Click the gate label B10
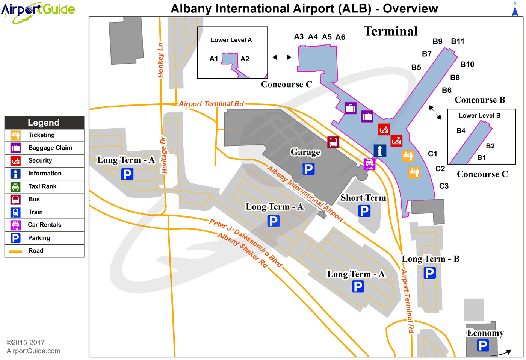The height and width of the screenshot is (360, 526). (x=467, y=64)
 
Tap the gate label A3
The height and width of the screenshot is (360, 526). (x=299, y=36)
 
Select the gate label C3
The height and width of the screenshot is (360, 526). (x=444, y=186)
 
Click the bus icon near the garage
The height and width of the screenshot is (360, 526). (x=333, y=142)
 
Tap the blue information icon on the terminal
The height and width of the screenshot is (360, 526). (x=380, y=150)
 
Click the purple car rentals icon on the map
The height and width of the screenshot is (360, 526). (x=370, y=164)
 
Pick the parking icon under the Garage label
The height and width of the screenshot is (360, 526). (x=308, y=169)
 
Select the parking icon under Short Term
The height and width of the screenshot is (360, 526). (x=364, y=211)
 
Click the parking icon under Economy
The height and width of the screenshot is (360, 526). (x=483, y=345)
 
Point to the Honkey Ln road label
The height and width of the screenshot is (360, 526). (x=161, y=60)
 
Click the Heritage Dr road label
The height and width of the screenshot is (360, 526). (x=164, y=155)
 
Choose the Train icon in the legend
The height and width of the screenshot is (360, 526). (x=15, y=212)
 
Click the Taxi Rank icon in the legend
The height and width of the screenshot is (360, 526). (x=15, y=186)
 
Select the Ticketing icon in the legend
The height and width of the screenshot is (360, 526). (x=15, y=135)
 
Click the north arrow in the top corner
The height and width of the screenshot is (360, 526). (x=515, y=9)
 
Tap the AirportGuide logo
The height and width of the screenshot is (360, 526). (x=38, y=11)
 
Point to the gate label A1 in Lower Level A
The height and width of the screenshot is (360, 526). (x=214, y=59)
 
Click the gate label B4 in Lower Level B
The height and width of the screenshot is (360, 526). (x=461, y=130)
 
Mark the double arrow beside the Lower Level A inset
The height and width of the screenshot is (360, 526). (x=282, y=57)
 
